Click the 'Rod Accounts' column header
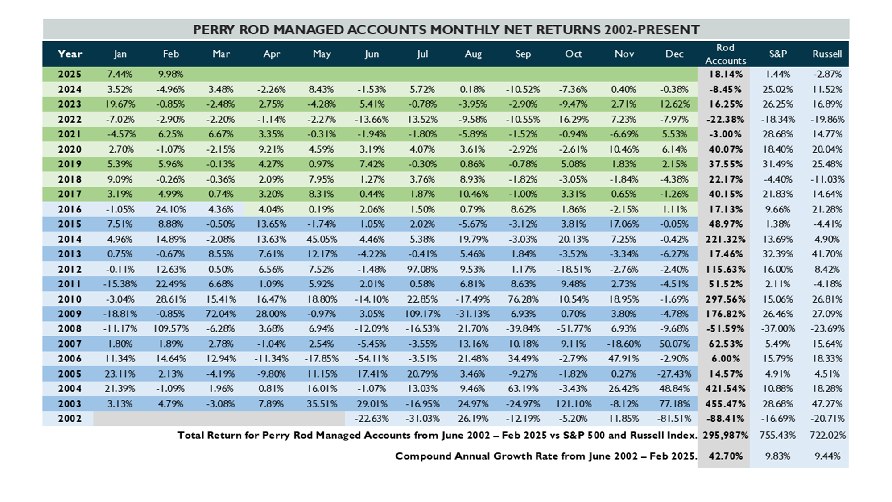[x=725, y=54]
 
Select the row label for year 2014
[x=70, y=239]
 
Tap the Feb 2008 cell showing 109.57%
[x=171, y=329]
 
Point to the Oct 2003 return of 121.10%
[x=574, y=404]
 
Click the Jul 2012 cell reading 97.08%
[x=422, y=270]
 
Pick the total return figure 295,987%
[x=725, y=435]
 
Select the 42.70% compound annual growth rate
[x=726, y=456]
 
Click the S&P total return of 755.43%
[x=778, y=435]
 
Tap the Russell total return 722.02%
[x=827, y=435]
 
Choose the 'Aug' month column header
[x=473, y=54]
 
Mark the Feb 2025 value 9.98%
[x=171, y=74]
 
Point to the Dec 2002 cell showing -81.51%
[x=674, y=419]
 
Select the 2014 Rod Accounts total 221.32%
[x=726, y=239]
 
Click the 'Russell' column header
[x=827, y=54]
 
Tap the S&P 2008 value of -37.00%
[x=778, y=329]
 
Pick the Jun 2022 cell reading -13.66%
[x=372, y=120]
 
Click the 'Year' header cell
[x=70, y=54]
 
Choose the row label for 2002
[x=70, y=419]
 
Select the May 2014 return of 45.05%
[x=322, y=239]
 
